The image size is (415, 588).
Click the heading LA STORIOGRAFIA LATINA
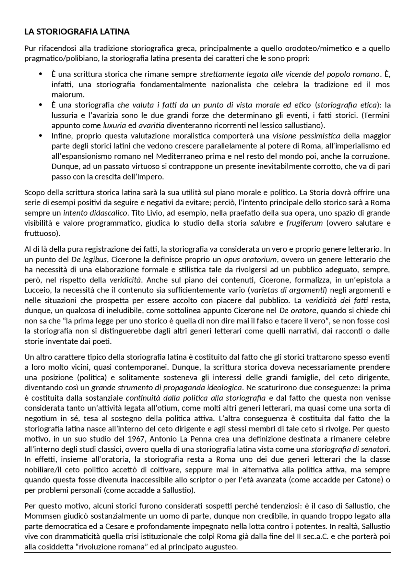(x=77, y=32)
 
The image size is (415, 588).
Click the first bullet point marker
(x=41, y=74)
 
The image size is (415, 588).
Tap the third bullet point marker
(x=41, y=136)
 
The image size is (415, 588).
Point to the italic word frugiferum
(x=304, y=223)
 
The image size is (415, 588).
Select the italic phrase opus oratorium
(x=250, y=259)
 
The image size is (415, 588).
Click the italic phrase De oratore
(x=297, y=310)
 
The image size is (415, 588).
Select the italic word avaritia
(x=151, y=125)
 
